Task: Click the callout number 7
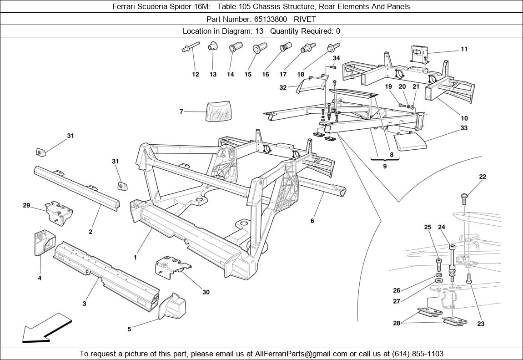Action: pos(181,112)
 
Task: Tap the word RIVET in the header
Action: pos(305,19)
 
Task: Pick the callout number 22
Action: pos(483,177)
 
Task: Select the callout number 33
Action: pos(464,128)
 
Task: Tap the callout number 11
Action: pos(464,49)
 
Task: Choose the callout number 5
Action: pos(129,329)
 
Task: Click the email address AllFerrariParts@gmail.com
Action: pos(302,354)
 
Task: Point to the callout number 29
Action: pos(26,205)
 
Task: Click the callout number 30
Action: pos(206,292)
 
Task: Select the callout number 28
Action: pos(397,323)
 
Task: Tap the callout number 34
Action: pos(336,58)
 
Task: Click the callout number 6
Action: pos(312,221)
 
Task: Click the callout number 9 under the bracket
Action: pos(385,167)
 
